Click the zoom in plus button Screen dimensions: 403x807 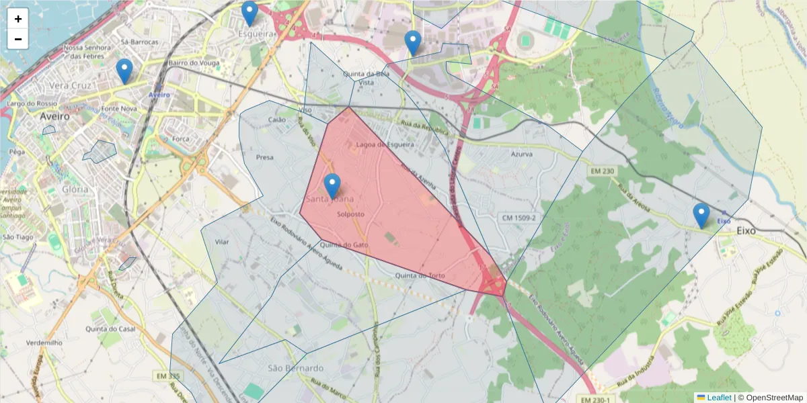[x=18, y=19]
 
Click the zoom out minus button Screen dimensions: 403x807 [x=18, y=39]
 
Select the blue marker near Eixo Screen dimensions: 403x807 [x=701, y=216]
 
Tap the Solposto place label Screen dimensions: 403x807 [x=350, y=214]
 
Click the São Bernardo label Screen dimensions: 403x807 [x=295, y=368]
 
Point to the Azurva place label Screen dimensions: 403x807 [x=521, y=154]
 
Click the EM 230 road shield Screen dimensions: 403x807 [x=602, y=171]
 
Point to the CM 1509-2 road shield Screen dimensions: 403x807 [x=519, y=218]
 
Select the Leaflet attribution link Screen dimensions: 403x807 [x=719, y=398]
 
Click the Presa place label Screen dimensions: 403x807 [x=265, y=157]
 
